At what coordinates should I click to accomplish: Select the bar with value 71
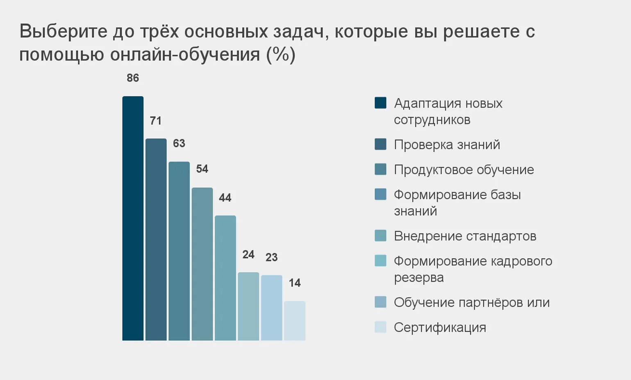[156, 239]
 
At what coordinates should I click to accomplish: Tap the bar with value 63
[179, 251]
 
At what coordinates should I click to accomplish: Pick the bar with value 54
[202, 264]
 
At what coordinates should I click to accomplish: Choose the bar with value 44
[225, 278]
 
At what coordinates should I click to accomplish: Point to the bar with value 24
[248, 306]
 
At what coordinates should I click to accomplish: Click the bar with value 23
[272, 308]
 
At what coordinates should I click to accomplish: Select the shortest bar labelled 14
[295, 321]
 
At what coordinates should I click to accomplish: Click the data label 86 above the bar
[133, 78]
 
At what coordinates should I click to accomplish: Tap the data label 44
[225, 198]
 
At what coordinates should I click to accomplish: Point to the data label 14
[295, 283]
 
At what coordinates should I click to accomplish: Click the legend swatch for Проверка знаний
[380, 144]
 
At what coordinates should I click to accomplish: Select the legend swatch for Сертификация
[380, 327]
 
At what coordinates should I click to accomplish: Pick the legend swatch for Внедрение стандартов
[380, 236]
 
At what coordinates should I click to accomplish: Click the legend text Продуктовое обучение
[464, 170]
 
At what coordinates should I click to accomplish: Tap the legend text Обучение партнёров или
[472, 303]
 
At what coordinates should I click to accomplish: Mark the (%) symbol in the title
[281, 54]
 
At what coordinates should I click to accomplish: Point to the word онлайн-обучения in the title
[185, 54]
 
